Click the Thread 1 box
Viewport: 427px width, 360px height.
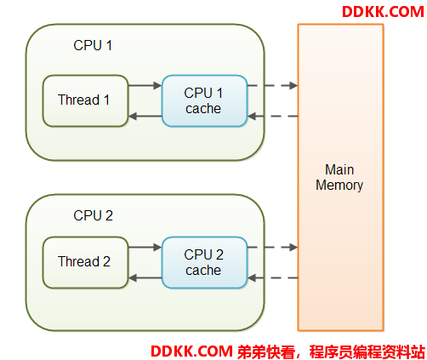pos(85,100)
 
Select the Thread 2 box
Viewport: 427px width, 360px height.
pos(85,262)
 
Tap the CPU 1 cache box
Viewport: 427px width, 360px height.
pos(204,100)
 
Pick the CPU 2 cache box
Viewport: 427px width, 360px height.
pos(204,262)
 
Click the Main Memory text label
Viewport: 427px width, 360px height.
pos(339,178)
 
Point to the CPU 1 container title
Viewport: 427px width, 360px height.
pos(93,45)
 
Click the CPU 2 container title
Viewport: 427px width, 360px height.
pos(93,215)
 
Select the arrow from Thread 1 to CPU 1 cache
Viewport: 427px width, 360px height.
pos(145,85)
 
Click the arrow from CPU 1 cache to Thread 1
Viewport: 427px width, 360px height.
pos(145,116)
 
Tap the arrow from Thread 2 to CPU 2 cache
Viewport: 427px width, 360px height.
pos(145,247)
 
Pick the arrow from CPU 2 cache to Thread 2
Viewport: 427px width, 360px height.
pos(145,278)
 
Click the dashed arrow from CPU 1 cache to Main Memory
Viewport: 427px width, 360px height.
pos(272,85)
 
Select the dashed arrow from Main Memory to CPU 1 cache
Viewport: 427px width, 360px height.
pos(273,116)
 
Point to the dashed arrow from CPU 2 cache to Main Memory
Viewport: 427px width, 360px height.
pos(272,247)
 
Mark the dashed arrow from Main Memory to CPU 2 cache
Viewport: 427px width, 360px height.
pos(273,278)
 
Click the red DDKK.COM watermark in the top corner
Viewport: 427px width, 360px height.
pos(383,12)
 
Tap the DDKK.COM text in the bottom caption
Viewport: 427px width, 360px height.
pos(191,351)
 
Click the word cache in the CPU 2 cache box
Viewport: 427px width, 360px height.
pos(203,271)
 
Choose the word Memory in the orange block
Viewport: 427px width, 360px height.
pos(339,186)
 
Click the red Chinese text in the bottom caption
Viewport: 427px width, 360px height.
pos(331,351)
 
